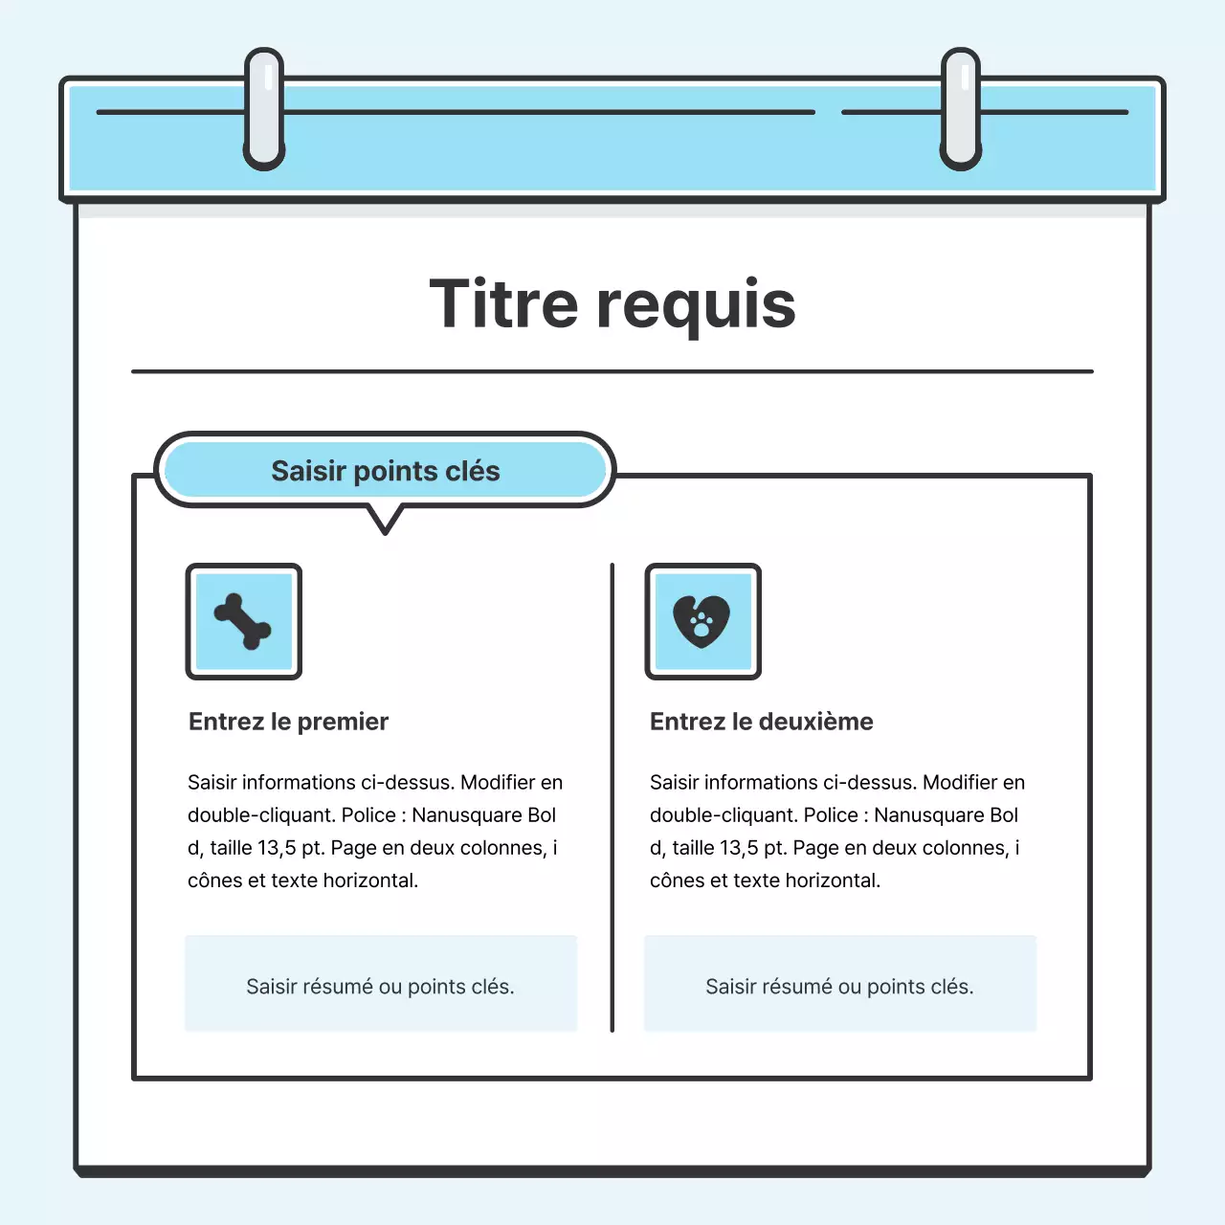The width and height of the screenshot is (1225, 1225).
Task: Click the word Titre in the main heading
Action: pyautogui.click(x=503, y=304)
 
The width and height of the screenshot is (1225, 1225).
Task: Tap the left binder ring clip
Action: pyautogui.click(x=264, y=109)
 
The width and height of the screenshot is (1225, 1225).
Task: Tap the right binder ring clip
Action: pyautogui.click(x=961, y=109)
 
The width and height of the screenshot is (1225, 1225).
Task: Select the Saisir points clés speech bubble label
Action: pyautogui.click(x=385, y=471)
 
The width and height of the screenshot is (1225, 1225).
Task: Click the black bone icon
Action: pyautogui.click(x=243, y=621)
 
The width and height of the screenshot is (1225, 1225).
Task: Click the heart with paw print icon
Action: pyautogui.click(x=702, y=621)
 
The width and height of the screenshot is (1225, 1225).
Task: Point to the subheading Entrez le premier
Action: pyautogui.click(x=288, y=722)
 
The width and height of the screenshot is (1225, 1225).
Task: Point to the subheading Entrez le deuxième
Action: pyautogui.click(x=761, y=722)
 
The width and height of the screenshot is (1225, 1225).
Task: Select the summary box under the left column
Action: pyautogui.click(x=381, y=985)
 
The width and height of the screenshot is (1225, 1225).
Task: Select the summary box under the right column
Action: pyautogui.click(x=839, y=985)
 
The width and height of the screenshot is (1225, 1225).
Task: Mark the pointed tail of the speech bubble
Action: pyautogui.click(x=385, y=525)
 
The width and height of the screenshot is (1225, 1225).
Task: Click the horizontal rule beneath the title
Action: pyautogui.click(x=612, y=371)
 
